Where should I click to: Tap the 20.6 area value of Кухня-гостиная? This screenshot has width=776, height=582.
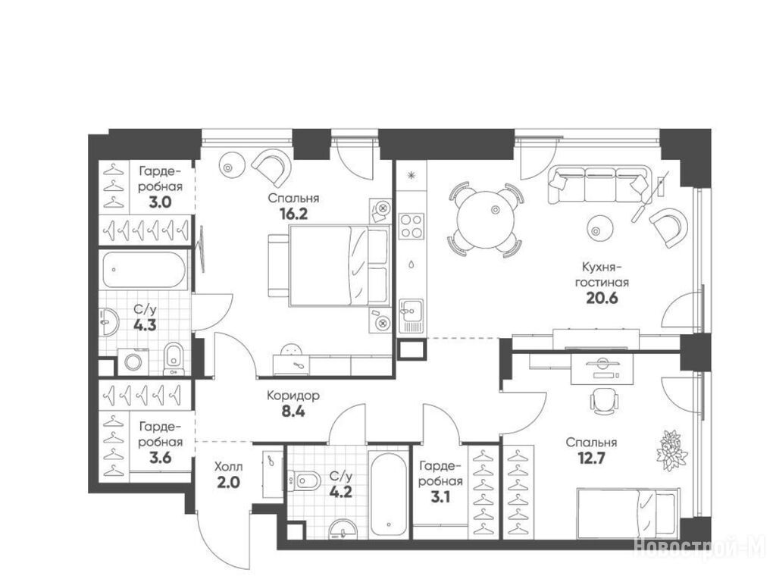[602, 299]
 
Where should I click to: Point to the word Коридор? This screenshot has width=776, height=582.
[293, 396]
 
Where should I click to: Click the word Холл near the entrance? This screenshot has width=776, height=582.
[229, 466]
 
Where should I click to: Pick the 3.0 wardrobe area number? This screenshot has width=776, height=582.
[161, 202]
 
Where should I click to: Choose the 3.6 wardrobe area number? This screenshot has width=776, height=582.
[161, 458]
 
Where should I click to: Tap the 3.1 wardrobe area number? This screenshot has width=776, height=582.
[440, 497]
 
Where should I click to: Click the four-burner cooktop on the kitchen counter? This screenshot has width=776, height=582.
[411, 226]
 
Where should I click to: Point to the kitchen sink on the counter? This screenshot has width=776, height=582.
[411, 316]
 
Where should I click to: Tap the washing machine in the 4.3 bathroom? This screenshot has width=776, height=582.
[133, 361]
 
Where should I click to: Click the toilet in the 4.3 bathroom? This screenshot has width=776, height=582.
[174, 358]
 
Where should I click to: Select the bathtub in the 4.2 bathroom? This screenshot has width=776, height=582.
[389, 494]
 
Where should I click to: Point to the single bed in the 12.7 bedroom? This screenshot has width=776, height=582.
[627, 513]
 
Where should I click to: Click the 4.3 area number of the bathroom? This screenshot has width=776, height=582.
[145, 325]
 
